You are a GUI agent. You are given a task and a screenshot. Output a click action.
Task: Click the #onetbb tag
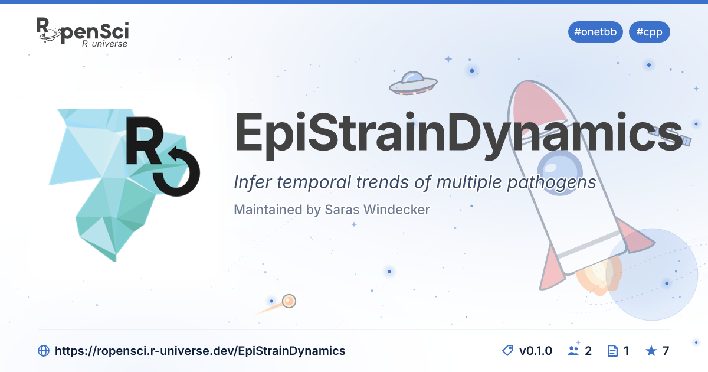595,32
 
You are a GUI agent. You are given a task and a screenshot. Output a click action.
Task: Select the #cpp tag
649,32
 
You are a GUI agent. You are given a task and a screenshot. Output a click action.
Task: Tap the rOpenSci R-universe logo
83,32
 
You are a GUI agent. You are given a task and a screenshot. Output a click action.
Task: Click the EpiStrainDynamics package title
458,134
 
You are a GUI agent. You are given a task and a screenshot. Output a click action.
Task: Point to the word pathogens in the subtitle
552,183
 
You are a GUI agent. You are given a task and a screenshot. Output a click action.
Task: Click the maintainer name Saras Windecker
378,210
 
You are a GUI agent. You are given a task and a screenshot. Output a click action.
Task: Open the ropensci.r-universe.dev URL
200,351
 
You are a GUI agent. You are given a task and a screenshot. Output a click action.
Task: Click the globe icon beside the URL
44,351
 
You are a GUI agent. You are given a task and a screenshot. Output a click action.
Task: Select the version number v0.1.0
536,351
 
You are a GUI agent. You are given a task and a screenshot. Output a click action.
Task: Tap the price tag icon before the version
507,351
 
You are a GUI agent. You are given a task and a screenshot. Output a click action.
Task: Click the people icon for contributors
573,351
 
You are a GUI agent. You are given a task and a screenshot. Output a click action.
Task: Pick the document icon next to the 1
612,351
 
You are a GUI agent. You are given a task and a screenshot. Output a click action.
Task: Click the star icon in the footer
651,351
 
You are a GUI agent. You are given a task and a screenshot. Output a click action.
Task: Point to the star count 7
666,351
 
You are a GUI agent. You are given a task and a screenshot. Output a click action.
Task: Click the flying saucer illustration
413,83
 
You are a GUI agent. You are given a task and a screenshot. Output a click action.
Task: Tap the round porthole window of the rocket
560,172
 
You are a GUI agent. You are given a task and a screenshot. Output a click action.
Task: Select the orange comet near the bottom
289,301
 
